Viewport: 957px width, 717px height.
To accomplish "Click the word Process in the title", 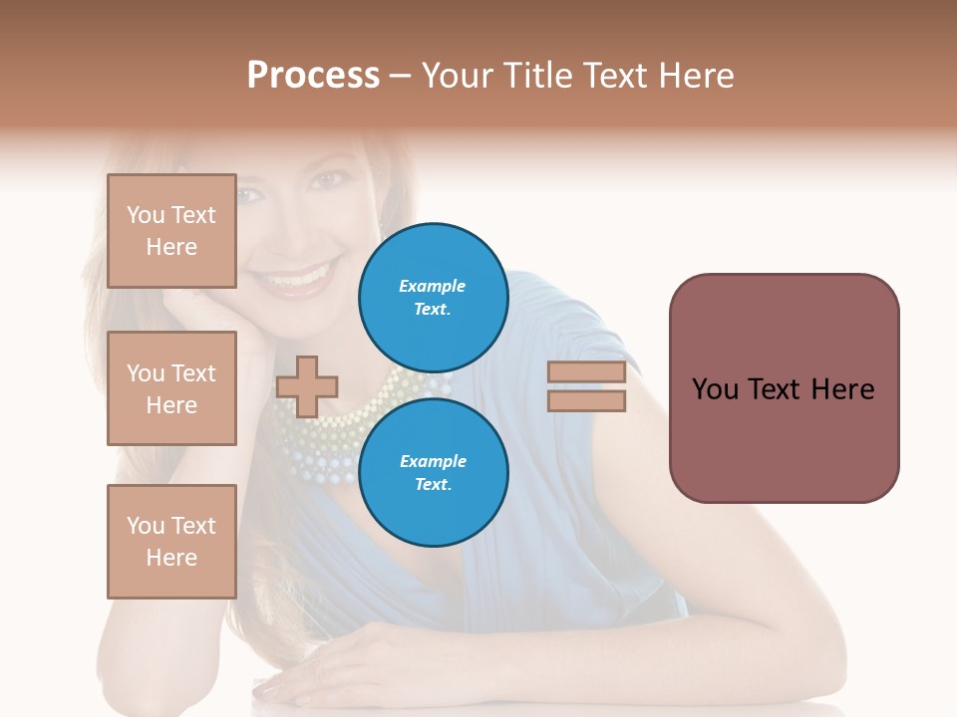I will coord(313,76).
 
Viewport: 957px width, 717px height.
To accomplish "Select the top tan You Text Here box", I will coord(171,231).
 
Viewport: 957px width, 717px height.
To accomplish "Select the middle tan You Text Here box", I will coord(171,388).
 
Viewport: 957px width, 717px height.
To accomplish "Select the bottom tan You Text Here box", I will coord(171,541).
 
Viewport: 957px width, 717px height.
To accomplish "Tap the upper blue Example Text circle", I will coord(433,297).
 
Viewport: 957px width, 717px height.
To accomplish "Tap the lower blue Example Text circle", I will coord(433,472).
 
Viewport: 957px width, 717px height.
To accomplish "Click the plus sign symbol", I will coord(307,386).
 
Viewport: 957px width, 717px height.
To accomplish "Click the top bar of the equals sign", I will coord(586,372).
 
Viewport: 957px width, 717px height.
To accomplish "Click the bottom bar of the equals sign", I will coord(586,401).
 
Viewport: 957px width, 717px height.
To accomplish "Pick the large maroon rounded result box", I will coord(784,388).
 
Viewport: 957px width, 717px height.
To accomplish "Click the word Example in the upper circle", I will coord(433,286).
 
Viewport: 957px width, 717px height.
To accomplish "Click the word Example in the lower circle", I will coord(433,461).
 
